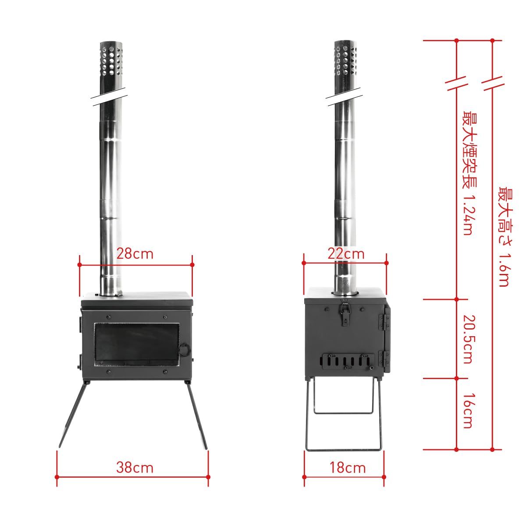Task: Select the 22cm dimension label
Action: (346, 254)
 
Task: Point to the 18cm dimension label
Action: (346, 467)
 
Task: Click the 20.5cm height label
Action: (468, 339)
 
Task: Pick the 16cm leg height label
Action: (468, 411)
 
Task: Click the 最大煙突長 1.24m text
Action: (468, 173)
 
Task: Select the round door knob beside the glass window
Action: (185, 350)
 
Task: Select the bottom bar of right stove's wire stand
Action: (344, 449)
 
